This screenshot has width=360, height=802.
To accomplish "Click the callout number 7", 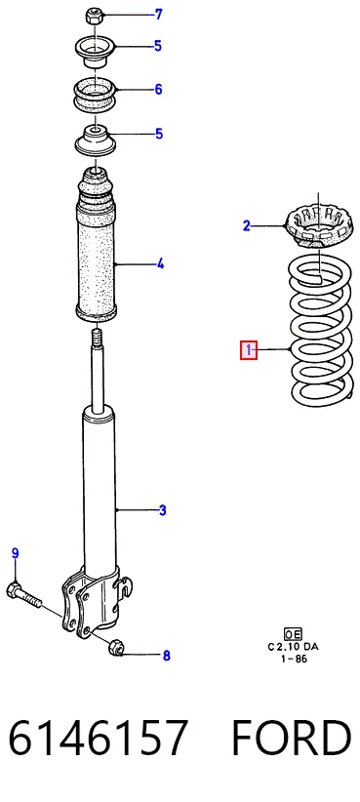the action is (x=158, y=15).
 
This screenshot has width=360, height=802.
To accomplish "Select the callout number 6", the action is (x=158, y=90).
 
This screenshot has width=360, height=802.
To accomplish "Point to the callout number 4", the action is (x=160, y=264).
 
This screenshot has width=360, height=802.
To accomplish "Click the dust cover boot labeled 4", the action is (x=97, y=246).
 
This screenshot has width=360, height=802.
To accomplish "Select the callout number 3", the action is (x=162, y=510).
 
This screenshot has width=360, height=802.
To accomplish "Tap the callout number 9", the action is (x=15, y=553).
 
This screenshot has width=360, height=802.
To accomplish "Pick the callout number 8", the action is (x=166, y=656).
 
